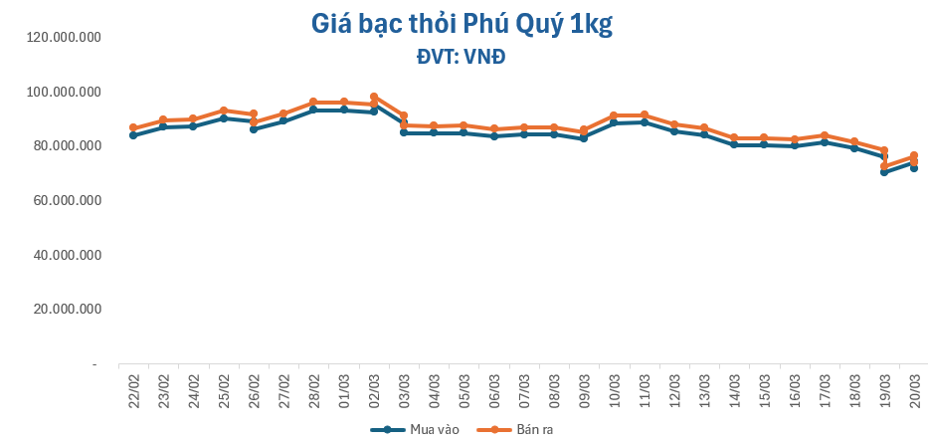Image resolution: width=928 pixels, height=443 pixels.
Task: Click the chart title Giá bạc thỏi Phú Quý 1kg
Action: [x=462, y=24]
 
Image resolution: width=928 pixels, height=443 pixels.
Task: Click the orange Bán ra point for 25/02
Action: [x=224, y=111]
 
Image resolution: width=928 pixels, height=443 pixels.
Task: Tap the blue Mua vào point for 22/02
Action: [x=133, y=135]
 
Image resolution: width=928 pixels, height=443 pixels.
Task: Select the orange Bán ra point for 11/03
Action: [x=645, y=114]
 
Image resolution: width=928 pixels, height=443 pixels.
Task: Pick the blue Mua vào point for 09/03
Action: [x=584, y=138]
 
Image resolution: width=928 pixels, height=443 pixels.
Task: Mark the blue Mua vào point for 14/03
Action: [x=734, y=144]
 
